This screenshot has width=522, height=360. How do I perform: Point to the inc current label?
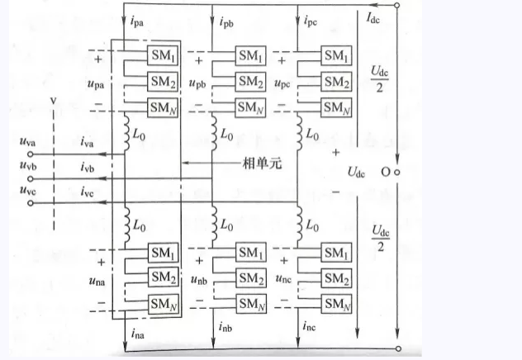(x=320, y=334)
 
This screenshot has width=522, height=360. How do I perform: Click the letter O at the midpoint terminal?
(x=385, y=173)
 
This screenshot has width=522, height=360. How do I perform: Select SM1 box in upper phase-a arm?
(x=160, y=55)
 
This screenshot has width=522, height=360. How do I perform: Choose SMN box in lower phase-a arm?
(x=160, y=306)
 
